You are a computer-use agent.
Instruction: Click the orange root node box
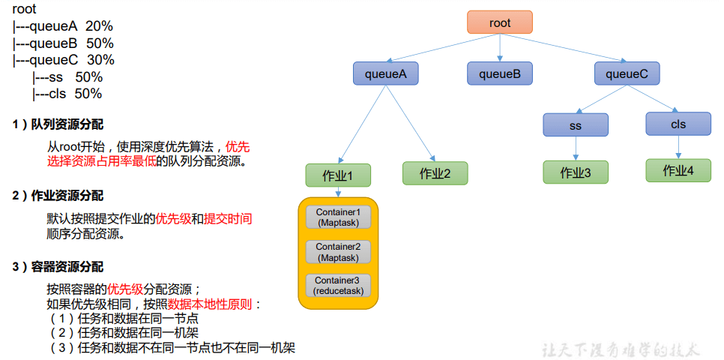point(500,22)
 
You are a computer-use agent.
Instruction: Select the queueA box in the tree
point(385,73)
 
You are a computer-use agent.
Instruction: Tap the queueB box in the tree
point(500,73)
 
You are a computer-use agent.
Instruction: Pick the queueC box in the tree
point(627,73)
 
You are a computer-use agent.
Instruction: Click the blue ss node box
point(576,125)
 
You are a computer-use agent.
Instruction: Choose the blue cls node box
point(678,124)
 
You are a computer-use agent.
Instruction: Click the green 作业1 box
point(338,175)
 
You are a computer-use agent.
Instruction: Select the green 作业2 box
point(435,173)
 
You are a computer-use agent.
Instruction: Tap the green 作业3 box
point(576,172)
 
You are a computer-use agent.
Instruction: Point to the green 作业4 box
point(678,170)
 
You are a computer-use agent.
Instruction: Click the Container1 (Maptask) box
point(338,217)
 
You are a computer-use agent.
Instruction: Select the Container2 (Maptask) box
point(338,252)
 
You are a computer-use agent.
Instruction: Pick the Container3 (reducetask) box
point(338,285)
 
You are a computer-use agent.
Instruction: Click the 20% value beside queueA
point(100,26)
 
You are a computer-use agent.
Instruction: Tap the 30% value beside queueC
point(100,60)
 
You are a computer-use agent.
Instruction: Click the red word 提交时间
point(228,219)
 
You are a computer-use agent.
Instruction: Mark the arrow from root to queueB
point(500,47)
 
